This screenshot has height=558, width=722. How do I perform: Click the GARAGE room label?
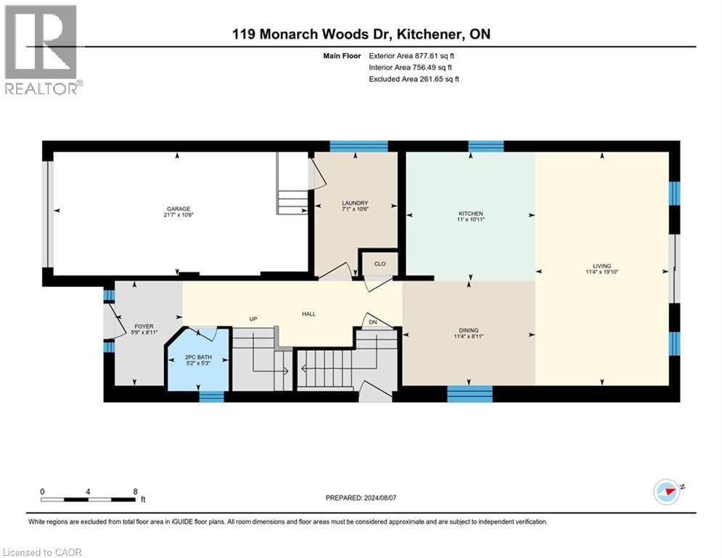[178, 209]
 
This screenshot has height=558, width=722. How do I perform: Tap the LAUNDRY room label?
[356, 203]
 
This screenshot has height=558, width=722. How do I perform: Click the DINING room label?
[468, 331]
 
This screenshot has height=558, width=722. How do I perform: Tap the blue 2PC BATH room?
[197, 360]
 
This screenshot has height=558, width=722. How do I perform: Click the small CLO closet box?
[379, 264]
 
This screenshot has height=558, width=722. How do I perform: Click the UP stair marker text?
[253, 318]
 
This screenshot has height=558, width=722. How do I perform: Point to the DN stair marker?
[372, 323]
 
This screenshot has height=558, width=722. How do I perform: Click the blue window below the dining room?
[469, 394]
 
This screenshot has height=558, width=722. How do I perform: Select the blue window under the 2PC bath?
[211, 396]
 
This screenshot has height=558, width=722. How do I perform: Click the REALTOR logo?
[41, 50]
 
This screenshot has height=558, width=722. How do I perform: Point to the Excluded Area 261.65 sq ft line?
[414, 78]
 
